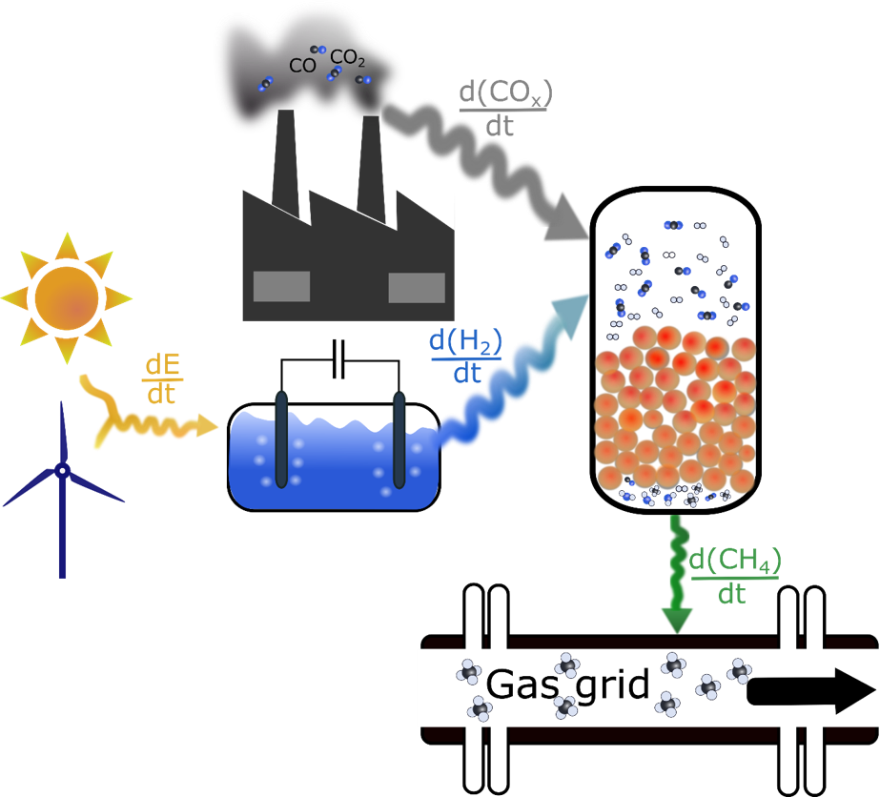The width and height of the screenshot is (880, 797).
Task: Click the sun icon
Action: point(67,296)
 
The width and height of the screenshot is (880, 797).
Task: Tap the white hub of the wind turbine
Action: point(62,470)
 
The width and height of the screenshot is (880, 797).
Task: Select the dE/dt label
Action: point(158,378)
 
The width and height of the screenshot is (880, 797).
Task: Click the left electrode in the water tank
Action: point(282,439)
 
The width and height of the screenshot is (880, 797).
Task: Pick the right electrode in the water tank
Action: point(399,439)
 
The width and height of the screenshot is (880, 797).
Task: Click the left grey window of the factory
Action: point(282,285)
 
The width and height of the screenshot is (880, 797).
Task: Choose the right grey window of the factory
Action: point(417,286)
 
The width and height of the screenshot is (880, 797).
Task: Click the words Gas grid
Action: point(567,685)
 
